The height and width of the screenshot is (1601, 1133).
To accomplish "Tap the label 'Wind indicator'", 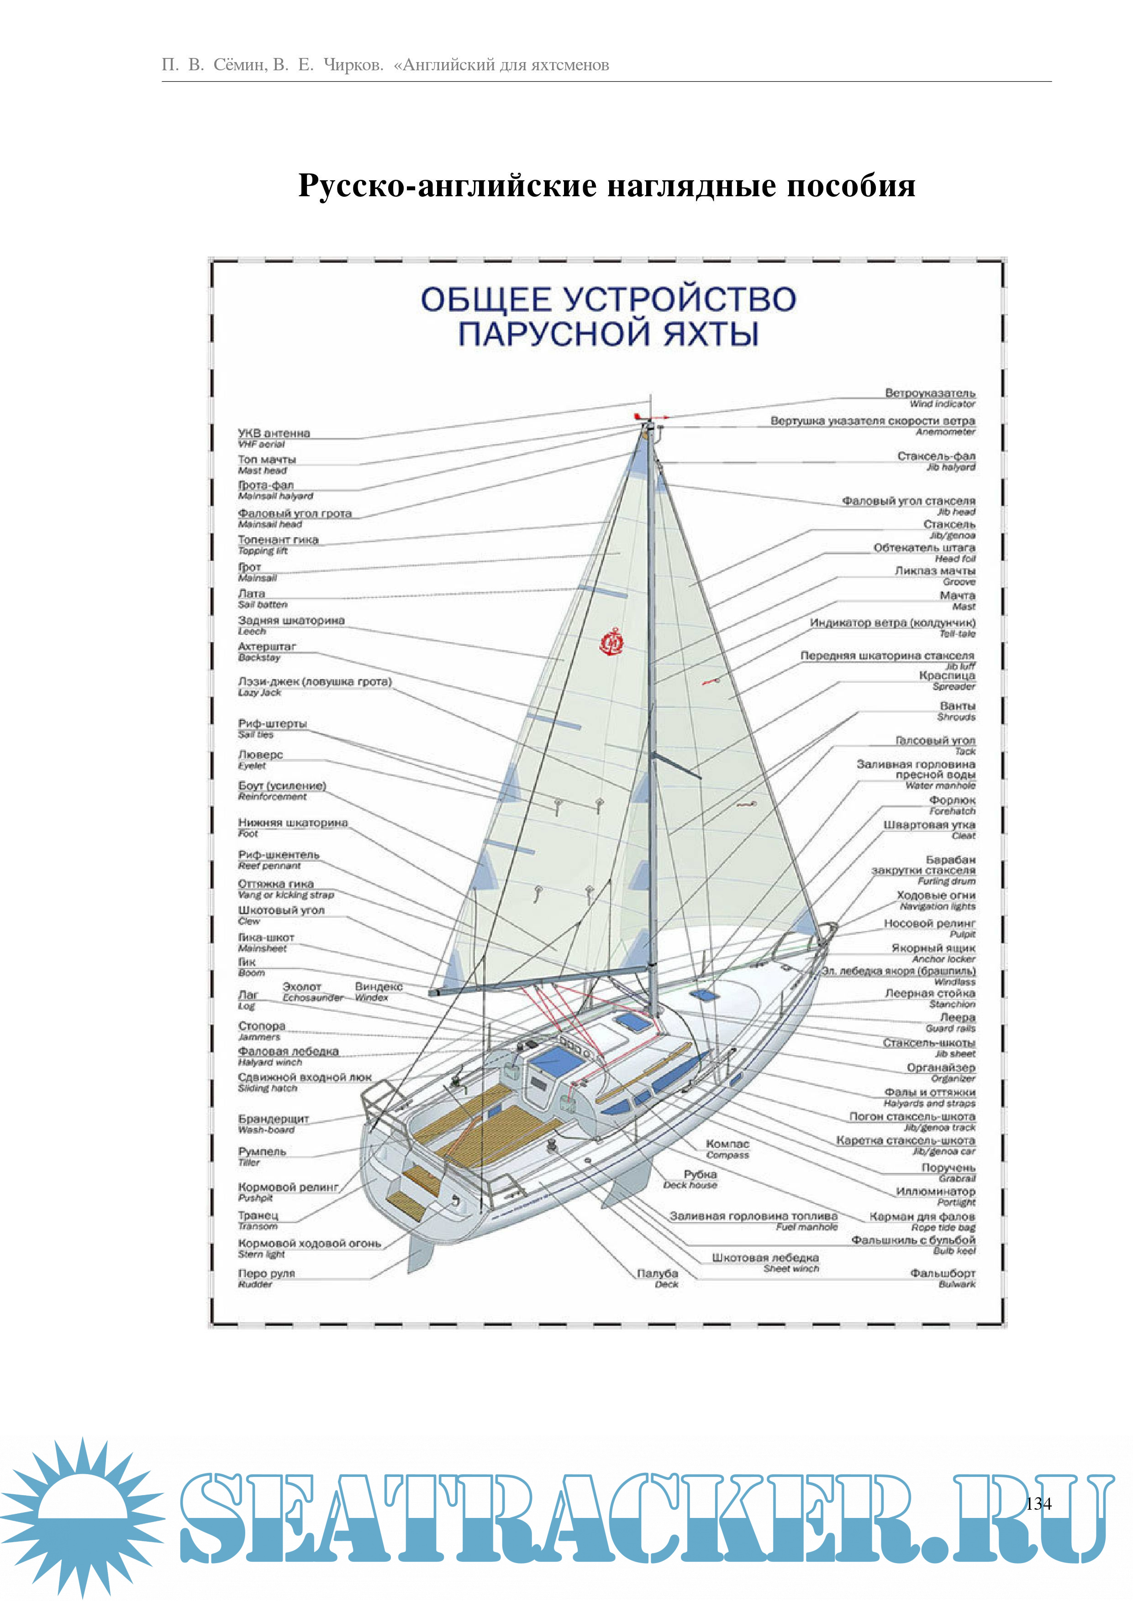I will [x=942, y=404].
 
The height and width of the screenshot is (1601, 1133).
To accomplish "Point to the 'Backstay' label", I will [x=259, y=658].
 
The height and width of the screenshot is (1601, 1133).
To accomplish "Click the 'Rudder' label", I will [x=255, y=1284].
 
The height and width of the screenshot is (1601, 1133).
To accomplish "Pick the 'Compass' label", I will [x=727, y=1156].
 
